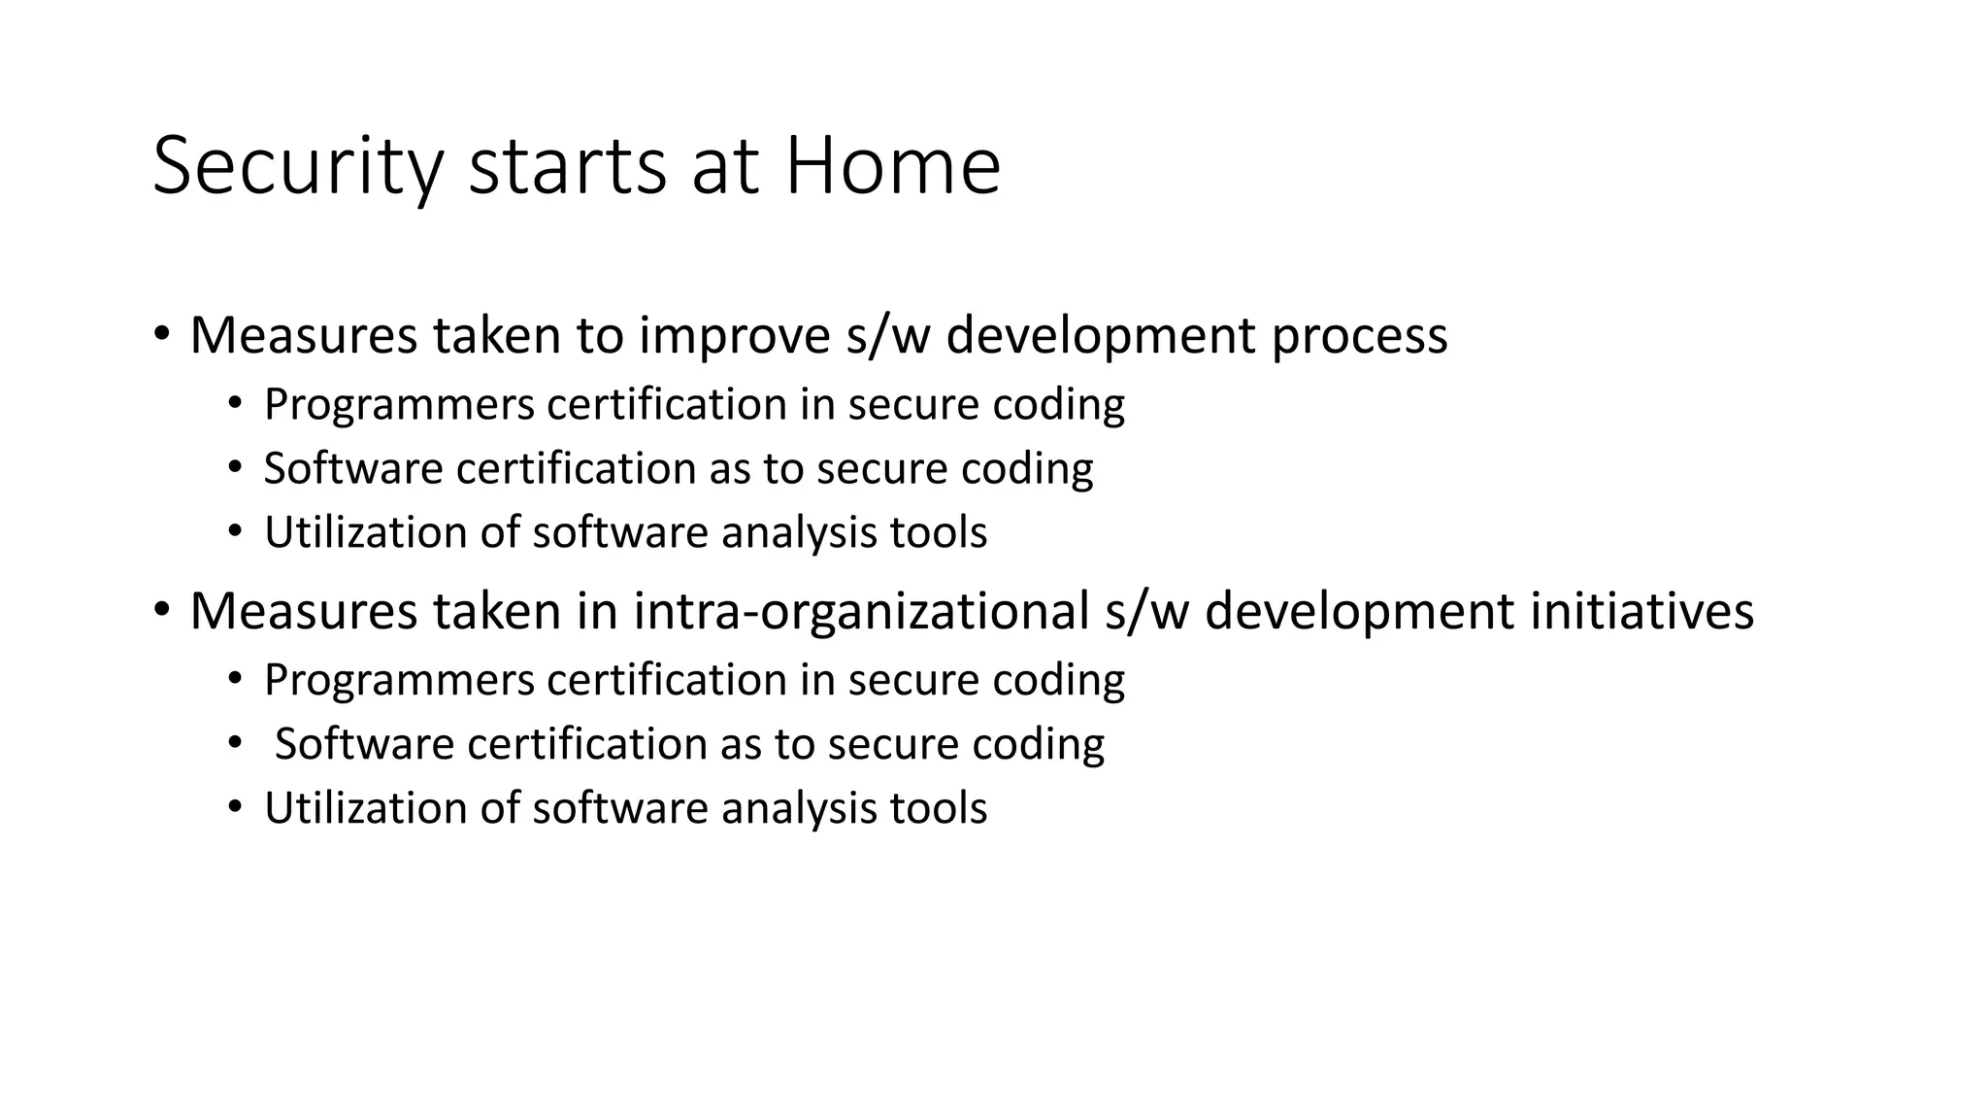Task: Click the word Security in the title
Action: click(297, 167)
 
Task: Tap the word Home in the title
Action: click(892, 167)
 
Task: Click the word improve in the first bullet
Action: click(734, 336)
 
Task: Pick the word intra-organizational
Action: click(861, 612)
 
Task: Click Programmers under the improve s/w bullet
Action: click(399, 404)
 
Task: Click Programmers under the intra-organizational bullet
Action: click(399, 680)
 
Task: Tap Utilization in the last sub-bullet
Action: click(366, 808)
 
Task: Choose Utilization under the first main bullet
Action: click(366, 533)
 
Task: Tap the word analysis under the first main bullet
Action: click(785, 533)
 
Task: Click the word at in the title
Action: click(724, 167)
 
